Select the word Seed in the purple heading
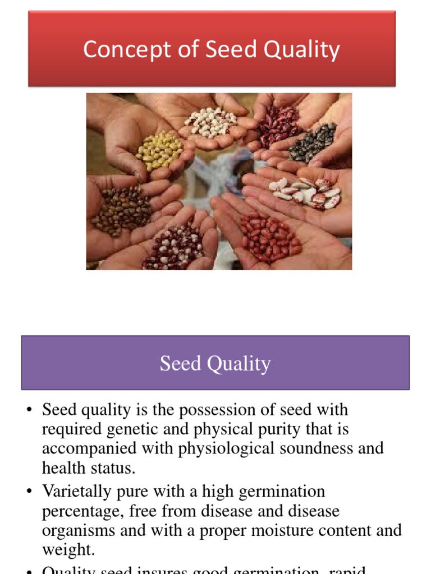[x=180, y=364]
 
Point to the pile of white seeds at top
[x=212, y=121]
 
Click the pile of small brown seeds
[x=122, y=210]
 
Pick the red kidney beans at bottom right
[x=269, y=236]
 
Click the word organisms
[x=79, y=530]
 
